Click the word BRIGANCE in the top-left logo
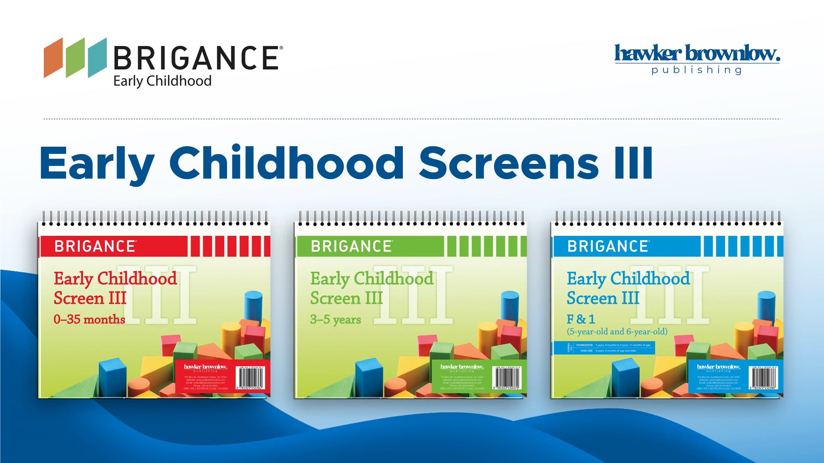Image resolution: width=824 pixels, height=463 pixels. coord(196,58)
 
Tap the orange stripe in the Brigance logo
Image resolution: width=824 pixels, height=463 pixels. coord(53,58)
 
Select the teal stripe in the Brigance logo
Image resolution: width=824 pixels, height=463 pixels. coord(97,58)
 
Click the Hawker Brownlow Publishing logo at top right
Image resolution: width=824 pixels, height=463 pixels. coord(697,59)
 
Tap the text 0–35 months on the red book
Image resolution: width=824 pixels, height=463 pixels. coord(89,319)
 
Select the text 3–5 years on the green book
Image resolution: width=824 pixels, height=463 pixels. coord(336,319)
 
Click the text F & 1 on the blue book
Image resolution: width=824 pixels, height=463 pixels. coord(581,319)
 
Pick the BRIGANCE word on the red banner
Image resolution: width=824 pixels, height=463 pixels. coord(95,247)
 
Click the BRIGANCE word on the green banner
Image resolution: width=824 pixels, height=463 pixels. coord(351,247)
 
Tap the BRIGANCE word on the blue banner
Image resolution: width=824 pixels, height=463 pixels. coord(608,247)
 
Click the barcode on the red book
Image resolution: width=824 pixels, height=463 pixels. coord(251,378)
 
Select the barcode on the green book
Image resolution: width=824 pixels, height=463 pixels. coord(507,378)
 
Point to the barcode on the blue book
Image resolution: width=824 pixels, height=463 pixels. coord(763,378)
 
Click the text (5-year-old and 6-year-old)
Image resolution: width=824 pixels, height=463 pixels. coord(617,331)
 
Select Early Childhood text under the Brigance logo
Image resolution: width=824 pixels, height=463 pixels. coord(162,81)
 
